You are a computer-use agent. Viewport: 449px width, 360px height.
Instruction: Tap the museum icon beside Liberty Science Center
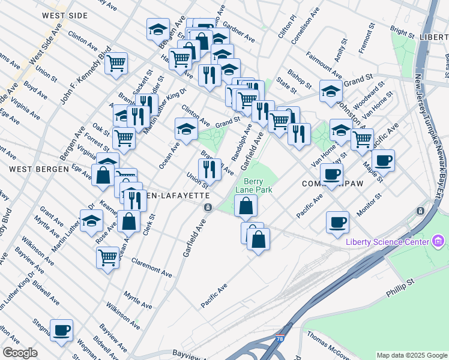[438, 242]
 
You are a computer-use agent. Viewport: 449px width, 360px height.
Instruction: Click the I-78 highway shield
[281, 339]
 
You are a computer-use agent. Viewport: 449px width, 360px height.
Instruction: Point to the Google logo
[20, 353]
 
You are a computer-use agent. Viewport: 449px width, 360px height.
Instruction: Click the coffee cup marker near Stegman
[62, 330]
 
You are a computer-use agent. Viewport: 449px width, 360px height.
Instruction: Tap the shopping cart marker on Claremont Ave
[107, 257]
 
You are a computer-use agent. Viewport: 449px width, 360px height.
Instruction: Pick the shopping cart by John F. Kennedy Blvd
[116, 63]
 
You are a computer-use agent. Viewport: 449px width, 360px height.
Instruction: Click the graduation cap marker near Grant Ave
[91, 220]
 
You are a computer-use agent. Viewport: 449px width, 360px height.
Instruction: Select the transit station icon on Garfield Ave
[208, 208]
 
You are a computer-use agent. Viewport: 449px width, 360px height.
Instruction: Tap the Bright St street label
[399, 30]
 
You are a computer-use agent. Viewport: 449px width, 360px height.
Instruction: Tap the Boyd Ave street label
[35, 91]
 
